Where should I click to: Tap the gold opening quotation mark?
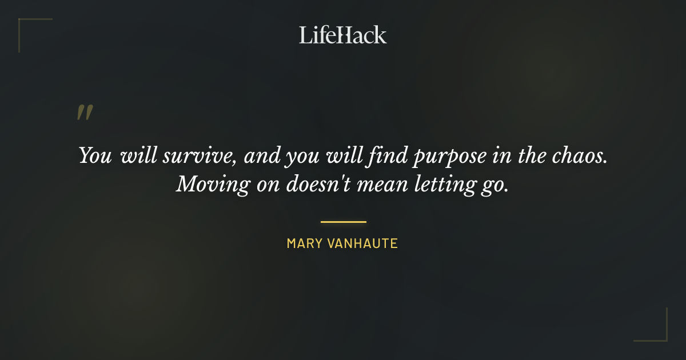pos(84,113)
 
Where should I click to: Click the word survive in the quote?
pos(195,157)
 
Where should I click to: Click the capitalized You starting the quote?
pos(95,156)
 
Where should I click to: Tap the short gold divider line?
pos(343,222)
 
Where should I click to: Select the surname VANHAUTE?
pos(362,244)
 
